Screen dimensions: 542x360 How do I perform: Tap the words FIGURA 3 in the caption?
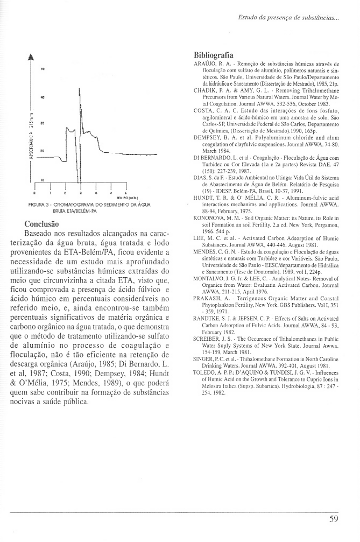[39, 206]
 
